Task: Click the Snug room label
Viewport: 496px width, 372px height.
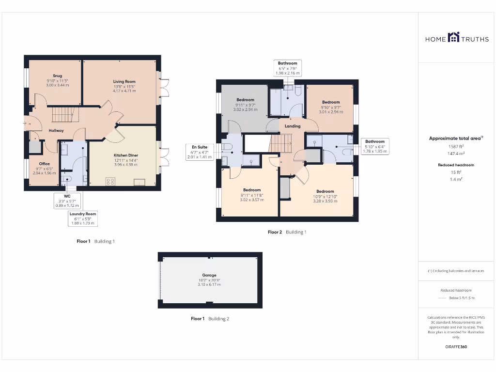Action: [58, 76]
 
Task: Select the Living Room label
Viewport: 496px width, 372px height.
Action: [124, 82]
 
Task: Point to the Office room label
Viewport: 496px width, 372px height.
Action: [45, 164]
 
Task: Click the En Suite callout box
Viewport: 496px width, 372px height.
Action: [199, 151]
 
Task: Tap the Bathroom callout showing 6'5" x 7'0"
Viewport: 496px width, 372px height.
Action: [288, 68]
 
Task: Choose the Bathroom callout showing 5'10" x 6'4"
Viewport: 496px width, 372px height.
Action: [375, 146]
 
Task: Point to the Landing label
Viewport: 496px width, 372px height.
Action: [293, 126]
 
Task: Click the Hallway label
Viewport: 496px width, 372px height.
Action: [56, 131]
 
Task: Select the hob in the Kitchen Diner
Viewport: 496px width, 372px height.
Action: [110, 182]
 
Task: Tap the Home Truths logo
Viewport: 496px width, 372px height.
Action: [450, 38]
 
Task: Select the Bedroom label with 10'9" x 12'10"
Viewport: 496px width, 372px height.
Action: [325, 191]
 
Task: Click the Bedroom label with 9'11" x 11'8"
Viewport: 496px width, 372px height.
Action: [252, 190]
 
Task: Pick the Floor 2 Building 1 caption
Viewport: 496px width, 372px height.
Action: [287, 232]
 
